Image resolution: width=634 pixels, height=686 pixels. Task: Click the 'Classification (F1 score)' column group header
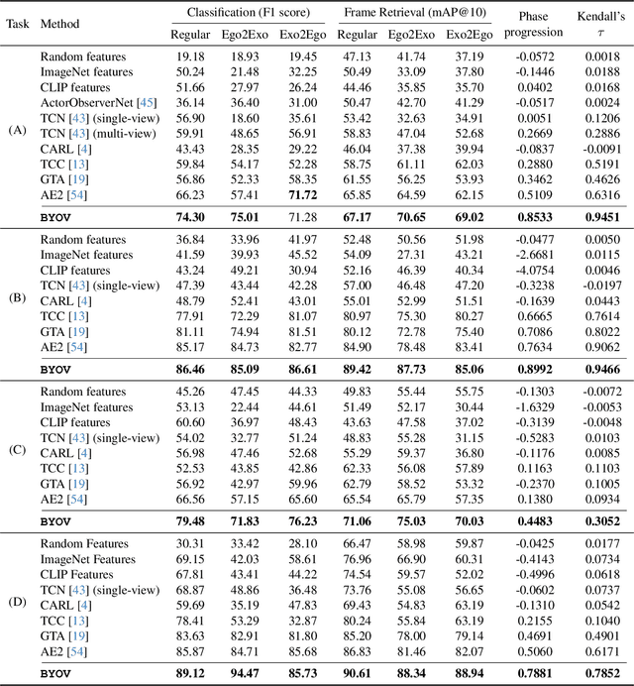241,13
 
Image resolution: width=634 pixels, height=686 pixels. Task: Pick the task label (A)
16,130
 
